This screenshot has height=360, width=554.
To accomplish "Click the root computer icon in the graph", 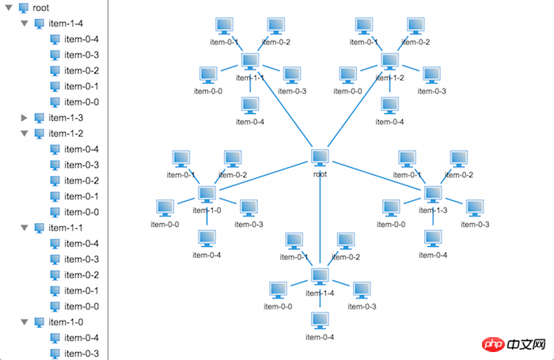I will point(320,157).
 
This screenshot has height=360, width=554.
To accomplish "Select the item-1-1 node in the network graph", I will point(251,61).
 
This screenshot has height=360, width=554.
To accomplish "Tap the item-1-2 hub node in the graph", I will point(389,61).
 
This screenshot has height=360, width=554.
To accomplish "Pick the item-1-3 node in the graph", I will point(432,193).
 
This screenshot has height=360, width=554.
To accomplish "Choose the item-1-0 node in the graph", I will point(207,193).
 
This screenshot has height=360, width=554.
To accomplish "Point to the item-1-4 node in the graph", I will point(320,276).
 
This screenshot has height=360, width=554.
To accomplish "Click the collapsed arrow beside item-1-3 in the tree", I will point(25,118).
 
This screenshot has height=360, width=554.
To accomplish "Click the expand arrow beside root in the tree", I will point(9,8).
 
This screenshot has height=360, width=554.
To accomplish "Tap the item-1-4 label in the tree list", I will point(65,24).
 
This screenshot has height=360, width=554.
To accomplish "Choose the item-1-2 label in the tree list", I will point(65,134).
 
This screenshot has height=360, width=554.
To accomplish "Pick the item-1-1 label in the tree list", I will point(65,228).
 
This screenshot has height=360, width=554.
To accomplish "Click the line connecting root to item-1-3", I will point(376,176).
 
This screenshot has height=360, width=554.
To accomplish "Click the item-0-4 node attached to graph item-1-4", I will point(320,320).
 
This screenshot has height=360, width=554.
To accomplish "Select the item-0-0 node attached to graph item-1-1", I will point(208,74).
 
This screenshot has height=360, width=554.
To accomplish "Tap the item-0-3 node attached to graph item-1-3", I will point(474,207).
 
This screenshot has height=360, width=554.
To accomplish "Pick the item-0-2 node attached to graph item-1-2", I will point(415,25).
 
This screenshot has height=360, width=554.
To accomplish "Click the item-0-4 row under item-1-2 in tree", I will point(81,150).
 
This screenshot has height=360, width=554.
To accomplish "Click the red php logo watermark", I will point(491,346).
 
